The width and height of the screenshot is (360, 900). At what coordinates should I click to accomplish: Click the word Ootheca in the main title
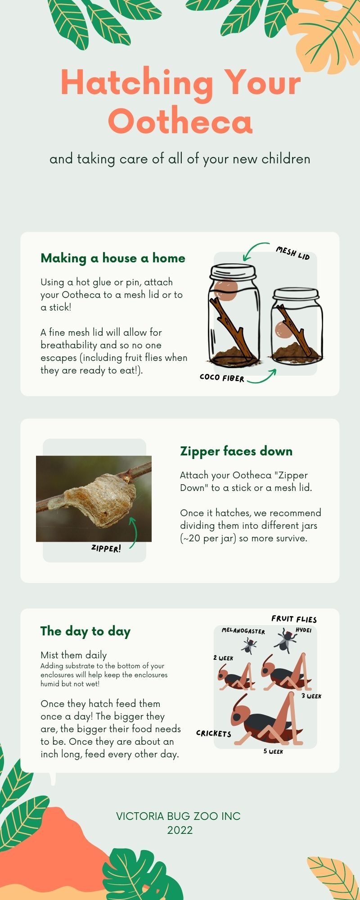tap(180, 121)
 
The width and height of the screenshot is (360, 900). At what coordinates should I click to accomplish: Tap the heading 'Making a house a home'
tap(113, 258)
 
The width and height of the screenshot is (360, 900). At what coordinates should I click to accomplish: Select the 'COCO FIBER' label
tap(222, 377)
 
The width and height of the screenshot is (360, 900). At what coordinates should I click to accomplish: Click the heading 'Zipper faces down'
tap(236, 451)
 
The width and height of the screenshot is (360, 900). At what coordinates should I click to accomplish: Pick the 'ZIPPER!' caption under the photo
tap(106, 548)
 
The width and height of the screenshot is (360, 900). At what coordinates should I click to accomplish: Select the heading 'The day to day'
tap(85, 631)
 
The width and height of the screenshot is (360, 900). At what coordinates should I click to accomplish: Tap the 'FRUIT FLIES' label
tap(294, 619)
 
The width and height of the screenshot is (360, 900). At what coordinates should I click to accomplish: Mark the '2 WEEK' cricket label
tap(223, 658)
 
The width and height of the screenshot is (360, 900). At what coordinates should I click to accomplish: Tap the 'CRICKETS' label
tap(214, 733)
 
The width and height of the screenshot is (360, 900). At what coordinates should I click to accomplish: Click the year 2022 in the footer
tap(180, 830)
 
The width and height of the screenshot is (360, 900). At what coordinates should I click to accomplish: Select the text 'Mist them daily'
tap(74, 655)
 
